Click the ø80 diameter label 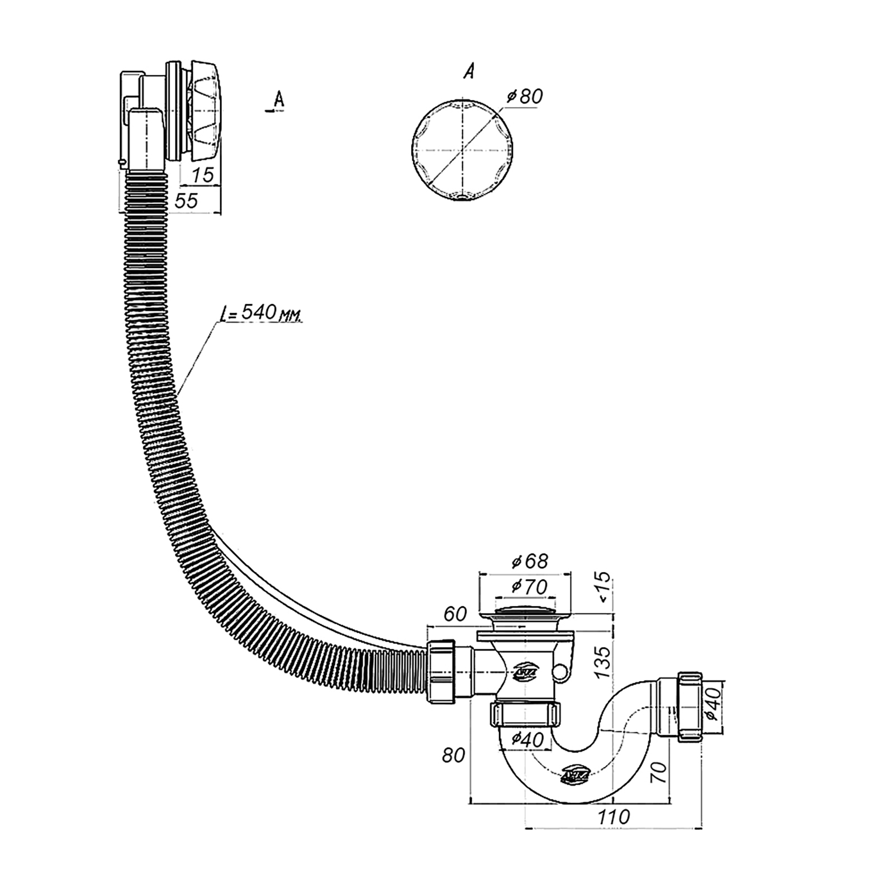tap(525, 96)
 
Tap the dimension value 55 tap(187, 201)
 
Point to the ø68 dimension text tap(530, 560)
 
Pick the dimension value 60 tap(455, 614)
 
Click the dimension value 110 tap(614, 817)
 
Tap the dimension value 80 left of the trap tap(453, 755)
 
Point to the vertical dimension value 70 tap(660, 772)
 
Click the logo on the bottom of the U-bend tap(574, 775)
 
